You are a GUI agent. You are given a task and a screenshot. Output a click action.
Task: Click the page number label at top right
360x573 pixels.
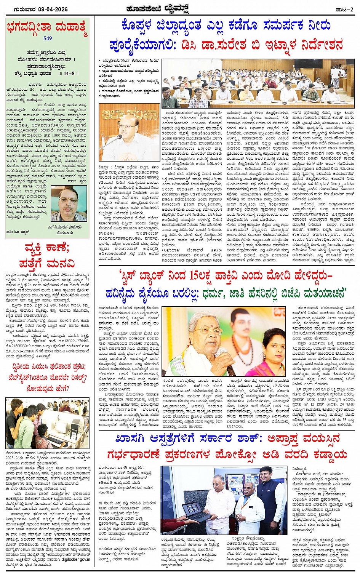[345, 9]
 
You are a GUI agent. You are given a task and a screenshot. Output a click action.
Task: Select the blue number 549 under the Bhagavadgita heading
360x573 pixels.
[48, 38]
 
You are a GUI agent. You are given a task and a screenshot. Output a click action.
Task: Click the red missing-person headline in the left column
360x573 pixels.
[47, 256]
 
